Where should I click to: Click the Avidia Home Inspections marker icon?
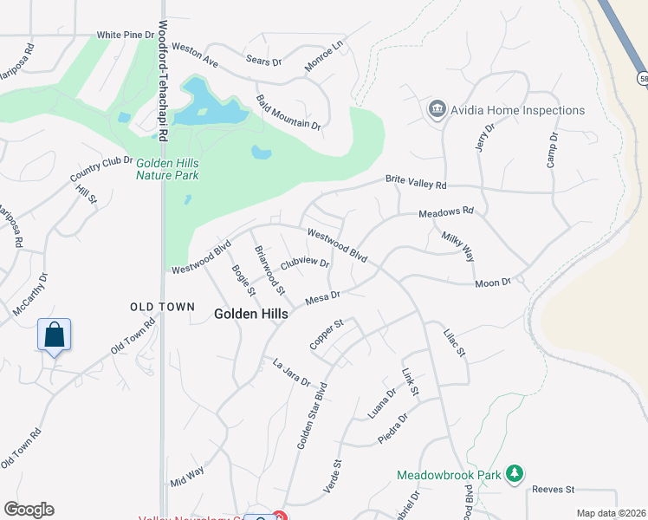coord(437,110)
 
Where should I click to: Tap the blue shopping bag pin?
coord(54,334)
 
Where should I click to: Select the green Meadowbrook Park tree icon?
coord(515,472)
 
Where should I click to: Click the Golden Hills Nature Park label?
coord(167,168)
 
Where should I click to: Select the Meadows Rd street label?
coord(446,211)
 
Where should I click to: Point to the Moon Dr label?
coord(494,283)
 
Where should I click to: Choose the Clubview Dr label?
coord(305,262)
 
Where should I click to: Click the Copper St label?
coord(327,335)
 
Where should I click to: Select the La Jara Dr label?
coord(291,372)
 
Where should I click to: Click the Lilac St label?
coord(455,341)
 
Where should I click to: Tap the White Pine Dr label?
coord(125,36)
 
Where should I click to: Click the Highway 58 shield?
coord(643,77)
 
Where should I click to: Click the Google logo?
coord(29,510)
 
